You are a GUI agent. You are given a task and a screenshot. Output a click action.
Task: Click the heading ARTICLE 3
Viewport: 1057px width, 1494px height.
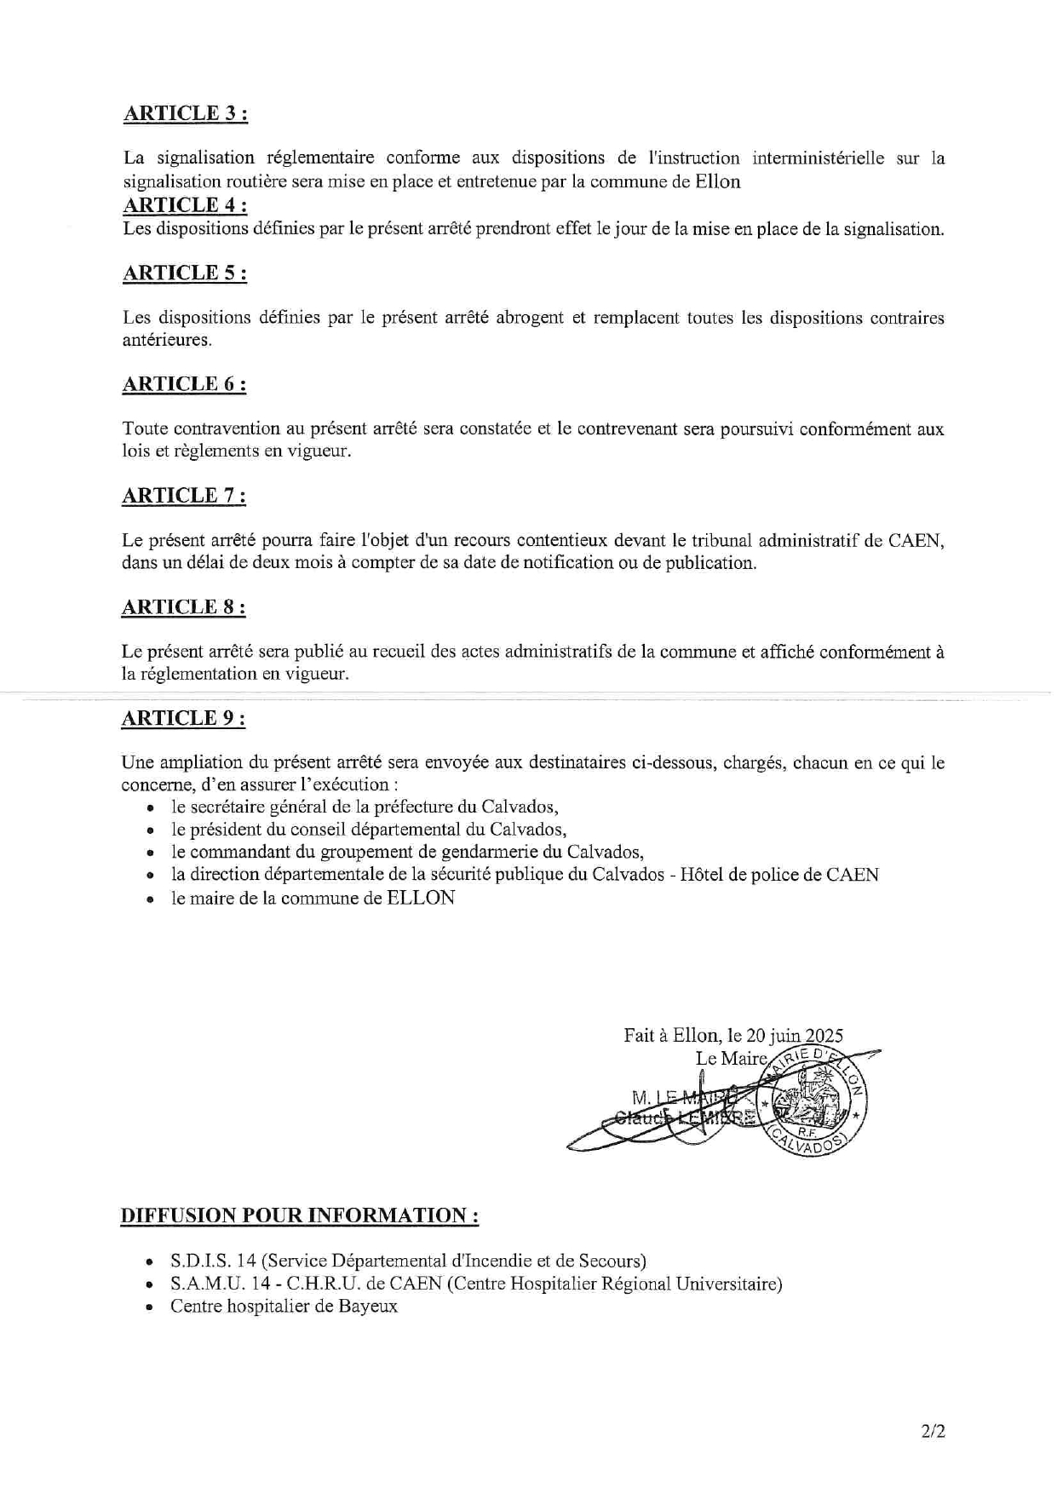point(186,114)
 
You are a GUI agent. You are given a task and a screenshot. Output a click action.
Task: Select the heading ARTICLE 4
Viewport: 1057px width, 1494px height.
point(186,205)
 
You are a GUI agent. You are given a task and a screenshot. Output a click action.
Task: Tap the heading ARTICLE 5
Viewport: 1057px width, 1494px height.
point(186,273)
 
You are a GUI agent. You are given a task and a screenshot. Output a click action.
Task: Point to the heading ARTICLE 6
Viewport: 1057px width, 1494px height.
point(185,384)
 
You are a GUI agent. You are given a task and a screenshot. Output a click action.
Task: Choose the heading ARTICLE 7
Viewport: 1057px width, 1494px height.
point(184,496)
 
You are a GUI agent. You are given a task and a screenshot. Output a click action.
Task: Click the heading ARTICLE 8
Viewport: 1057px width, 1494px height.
point(184,607)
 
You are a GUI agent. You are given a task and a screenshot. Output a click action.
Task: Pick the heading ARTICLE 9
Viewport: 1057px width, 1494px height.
point(184,719)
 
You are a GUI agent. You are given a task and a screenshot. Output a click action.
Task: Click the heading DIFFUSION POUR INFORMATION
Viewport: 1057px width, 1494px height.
point(299,1215)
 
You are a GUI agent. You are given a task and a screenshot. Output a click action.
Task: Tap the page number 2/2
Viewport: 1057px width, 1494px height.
point(933,1431)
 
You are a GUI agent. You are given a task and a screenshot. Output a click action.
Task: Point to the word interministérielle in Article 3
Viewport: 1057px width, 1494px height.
point(818,158)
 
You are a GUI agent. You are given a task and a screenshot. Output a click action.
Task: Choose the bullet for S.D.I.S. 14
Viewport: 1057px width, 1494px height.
point(151,1261)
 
